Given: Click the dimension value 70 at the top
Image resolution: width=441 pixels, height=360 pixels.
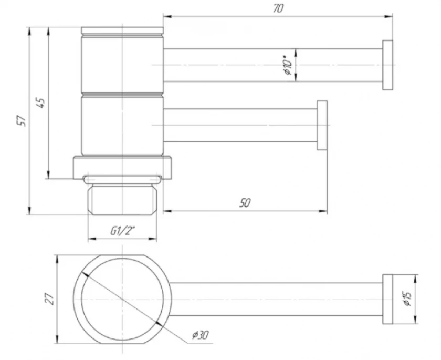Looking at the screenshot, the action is [x=278, y=8].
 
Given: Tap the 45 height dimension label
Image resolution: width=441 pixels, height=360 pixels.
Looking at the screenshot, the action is [x=41, y=103].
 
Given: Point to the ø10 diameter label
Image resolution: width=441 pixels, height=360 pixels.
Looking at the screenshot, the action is [x=288, y=65].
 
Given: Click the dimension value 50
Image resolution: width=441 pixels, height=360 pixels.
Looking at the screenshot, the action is [x=245, y=203].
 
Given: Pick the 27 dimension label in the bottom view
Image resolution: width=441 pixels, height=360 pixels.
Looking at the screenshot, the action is [x=50, y=299].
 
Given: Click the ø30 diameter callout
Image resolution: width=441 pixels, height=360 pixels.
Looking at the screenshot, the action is [x=200, y=335].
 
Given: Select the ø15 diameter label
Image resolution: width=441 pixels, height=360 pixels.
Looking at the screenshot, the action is [x=407, y=299].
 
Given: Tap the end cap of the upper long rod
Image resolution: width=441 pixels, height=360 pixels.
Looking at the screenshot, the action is [x=387, y=65].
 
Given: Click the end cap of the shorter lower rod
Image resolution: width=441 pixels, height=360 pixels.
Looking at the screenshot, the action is [x=322, y=125].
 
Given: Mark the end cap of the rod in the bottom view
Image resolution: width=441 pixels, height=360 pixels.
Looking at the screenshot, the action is [x=387, y=299].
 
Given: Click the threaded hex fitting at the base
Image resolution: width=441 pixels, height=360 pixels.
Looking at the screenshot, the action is [x=122, y=200].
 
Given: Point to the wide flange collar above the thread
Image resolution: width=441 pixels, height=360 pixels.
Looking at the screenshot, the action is [x=122, y=168].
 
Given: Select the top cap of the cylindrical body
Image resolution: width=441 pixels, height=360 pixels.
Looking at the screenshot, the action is [x=122, y=30].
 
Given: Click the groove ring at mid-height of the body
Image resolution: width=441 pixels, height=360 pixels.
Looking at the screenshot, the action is [x=122, y=94].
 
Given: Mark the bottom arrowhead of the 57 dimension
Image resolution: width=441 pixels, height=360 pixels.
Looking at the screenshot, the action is [x=29, y=211].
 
